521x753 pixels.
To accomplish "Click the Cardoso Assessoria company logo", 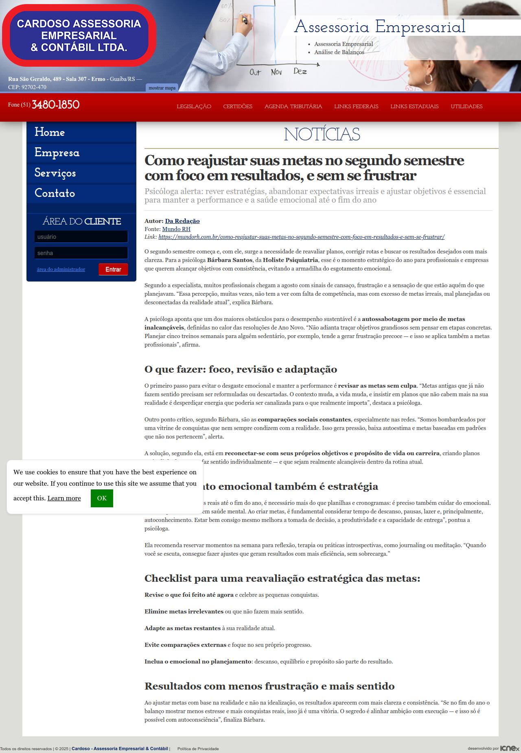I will [x=79, y=35].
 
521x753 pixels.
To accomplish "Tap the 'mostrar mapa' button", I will [x=162, y=88].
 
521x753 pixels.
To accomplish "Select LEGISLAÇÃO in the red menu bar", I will [x=194, y=107].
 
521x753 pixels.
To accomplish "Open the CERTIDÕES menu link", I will [x=238, y=107].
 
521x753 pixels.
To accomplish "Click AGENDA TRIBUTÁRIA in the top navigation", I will [x=293, y=107].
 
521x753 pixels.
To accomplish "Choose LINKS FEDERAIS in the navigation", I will [x=356, y=107].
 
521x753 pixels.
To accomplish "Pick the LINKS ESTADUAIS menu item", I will [x=414, y=107].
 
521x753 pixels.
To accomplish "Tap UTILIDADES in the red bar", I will [x=466, y=107].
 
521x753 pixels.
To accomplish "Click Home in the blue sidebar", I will [x=50, y=132].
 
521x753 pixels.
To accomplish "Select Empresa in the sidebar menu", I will [x=57, y=153].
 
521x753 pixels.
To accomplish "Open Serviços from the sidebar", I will [x=55, y=173].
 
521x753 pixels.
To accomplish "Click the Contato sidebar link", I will [x=55, y=193].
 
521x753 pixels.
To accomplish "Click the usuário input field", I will [x=81, y=237].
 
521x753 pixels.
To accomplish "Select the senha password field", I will [x=81, y=253].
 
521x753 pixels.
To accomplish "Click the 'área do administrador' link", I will [x=61, y=269].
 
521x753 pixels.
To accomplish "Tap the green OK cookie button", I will [x=102, y=498].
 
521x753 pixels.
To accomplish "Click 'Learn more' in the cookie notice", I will [x=64, y=498].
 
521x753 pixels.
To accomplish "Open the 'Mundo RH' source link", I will [x=176, y=229].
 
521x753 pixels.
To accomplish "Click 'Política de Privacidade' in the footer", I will [x=198, y=749].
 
